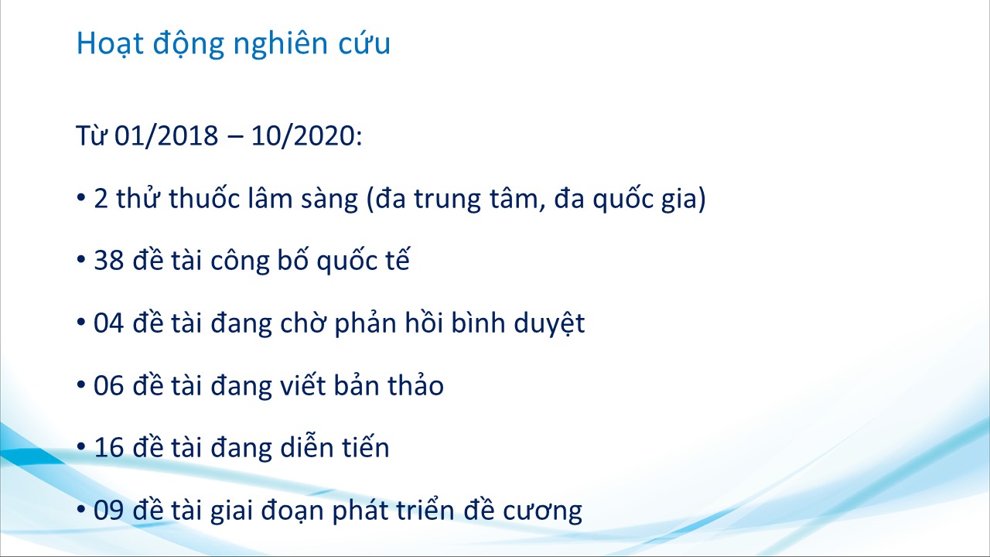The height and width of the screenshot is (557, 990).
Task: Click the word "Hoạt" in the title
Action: [x=110, y=44]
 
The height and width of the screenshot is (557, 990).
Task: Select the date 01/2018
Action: [x=166, y=135]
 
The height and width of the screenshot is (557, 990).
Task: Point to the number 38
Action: [x=109, y=261]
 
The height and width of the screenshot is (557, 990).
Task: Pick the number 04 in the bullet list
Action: [x=109, y=323]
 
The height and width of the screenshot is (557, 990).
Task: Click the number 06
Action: [x=109, y=385]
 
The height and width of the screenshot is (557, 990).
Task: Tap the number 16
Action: [x=109, y=448]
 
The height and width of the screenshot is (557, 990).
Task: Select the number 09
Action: [x=109, y=511]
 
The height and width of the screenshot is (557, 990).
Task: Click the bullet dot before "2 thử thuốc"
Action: [x=81, y=197]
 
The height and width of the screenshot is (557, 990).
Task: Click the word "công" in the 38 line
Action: [x=240, y=261]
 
